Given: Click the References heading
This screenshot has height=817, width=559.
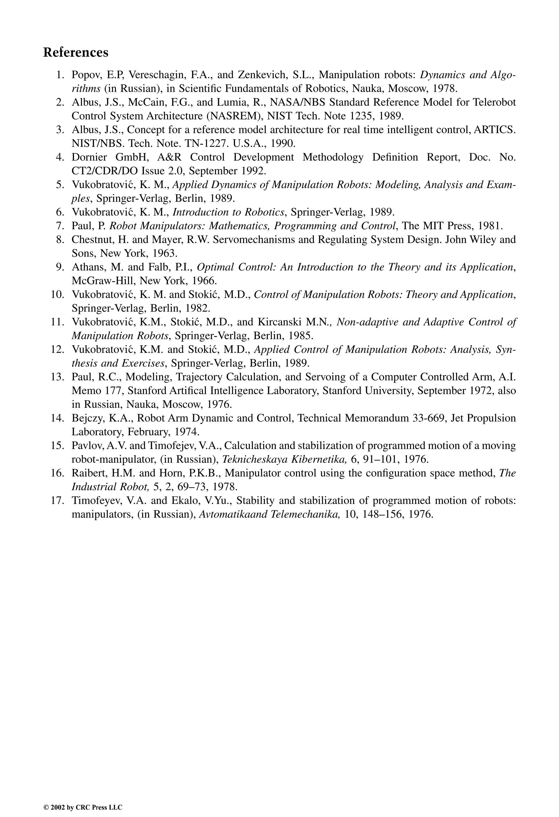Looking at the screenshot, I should click(x=76, y=52).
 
